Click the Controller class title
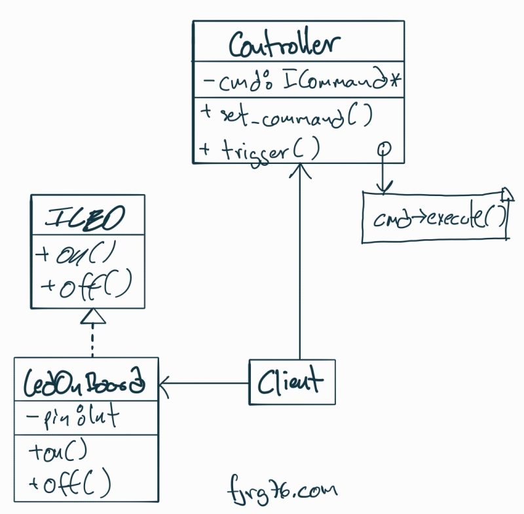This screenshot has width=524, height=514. click(x=285, y=45)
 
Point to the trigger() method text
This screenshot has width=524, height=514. click(x=261, y=150)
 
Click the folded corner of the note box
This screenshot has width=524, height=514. click(x=505, y=193)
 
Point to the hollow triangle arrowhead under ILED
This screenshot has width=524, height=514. click(x=92, y=318)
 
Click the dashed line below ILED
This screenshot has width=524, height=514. click(x=92, y=342)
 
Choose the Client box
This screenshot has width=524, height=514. click(x=291, y=382)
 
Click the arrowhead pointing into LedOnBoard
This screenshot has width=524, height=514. click(x=164, y=382)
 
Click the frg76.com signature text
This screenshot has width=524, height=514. click(x=281, y=489)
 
